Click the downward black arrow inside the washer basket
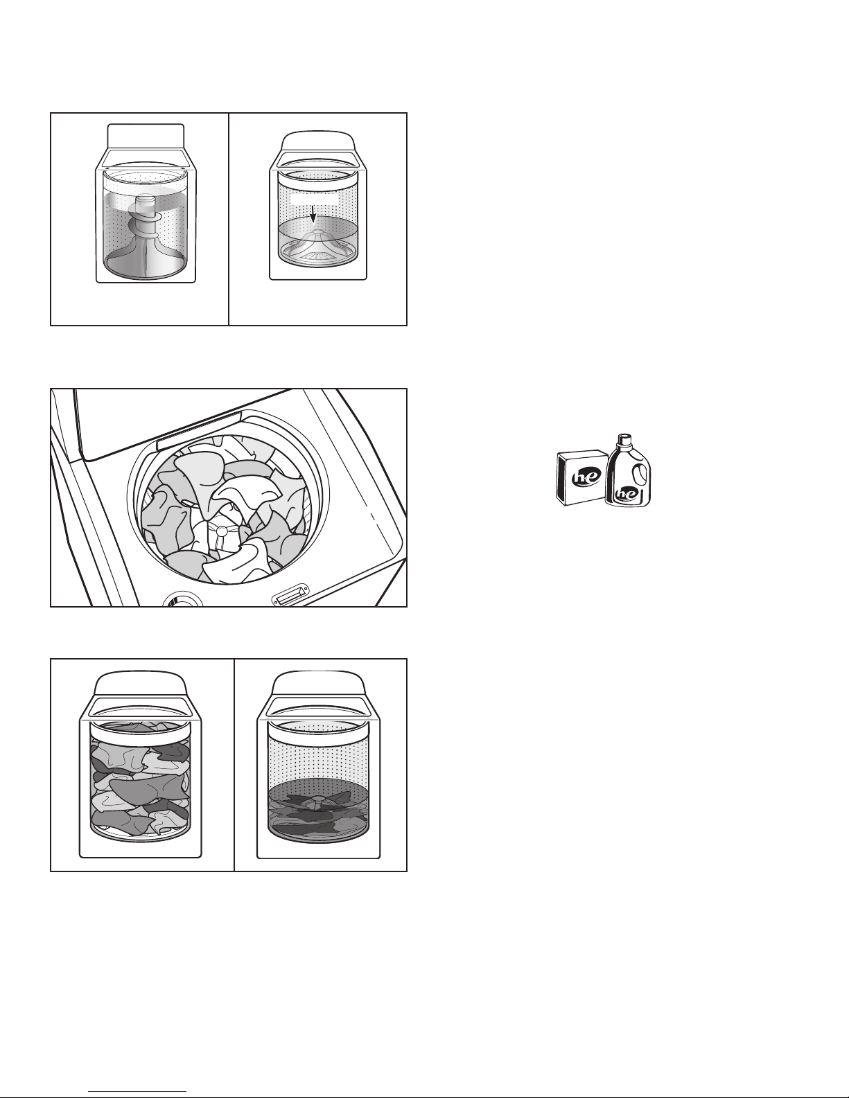(313, 214)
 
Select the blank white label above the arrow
(314, 200)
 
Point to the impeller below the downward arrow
(317, 247)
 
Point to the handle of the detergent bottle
(640, 474)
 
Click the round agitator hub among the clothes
(221, 530)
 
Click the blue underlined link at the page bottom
(137, 1091)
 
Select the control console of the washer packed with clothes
(141, 683)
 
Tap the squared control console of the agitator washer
(146, 136)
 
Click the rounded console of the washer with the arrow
(317, 141)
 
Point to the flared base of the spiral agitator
(146, 257)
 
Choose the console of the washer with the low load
(318, 683)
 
